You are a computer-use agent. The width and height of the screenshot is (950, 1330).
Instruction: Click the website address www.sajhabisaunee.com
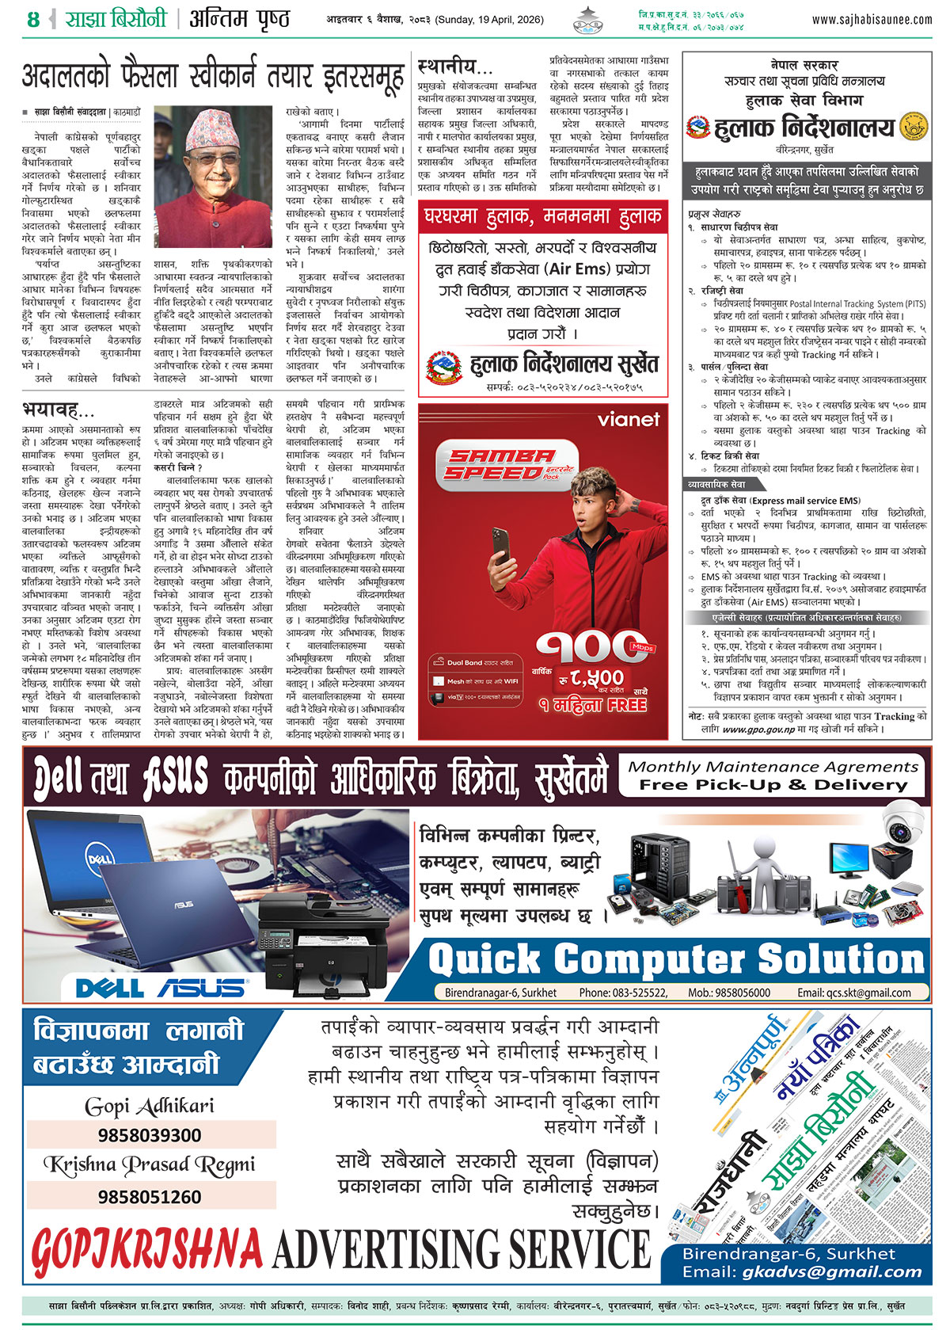pyautogui.click(x=872, y=19)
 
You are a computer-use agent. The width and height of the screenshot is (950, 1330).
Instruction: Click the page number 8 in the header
pyautogui.click(x=32, y=19)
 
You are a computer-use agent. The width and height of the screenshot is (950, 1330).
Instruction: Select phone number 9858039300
pyautogui.click(x=150, y=1135)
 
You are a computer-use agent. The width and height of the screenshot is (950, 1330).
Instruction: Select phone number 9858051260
pyautogui.click(x=150, y=1196)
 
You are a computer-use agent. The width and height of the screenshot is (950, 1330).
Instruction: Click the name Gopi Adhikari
pyautogui.click(x=150, y=1106)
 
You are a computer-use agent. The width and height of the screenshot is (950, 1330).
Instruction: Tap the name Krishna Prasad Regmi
pyautogui.click(x=150, y=1165)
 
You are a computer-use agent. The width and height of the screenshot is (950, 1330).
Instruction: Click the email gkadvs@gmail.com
pyautogui.click(x=832, y=1272)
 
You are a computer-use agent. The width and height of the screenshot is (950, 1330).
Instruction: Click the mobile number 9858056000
pyautogui.click(x=739, y=993)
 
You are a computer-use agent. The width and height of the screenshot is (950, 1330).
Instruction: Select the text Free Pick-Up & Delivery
pyautogui.click(x=773, y=785)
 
